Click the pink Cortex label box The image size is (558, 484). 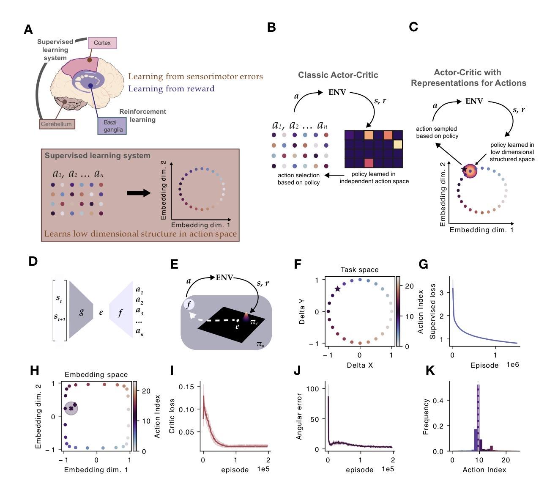102,43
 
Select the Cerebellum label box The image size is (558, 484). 56,124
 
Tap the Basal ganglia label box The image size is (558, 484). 112,126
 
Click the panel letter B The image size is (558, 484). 271,27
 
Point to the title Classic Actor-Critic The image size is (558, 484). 338,75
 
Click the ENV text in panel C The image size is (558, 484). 474,101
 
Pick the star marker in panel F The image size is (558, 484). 337,289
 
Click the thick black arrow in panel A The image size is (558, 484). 139,193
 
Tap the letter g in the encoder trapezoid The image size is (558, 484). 82,312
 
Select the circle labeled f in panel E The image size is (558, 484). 189,304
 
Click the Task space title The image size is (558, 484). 359,269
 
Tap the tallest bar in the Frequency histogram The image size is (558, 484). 479,418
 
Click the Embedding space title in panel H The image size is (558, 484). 96,374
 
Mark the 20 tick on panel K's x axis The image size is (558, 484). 506,460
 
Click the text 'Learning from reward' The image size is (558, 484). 171,88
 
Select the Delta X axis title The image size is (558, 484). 359,365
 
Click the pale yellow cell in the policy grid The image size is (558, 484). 397,144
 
